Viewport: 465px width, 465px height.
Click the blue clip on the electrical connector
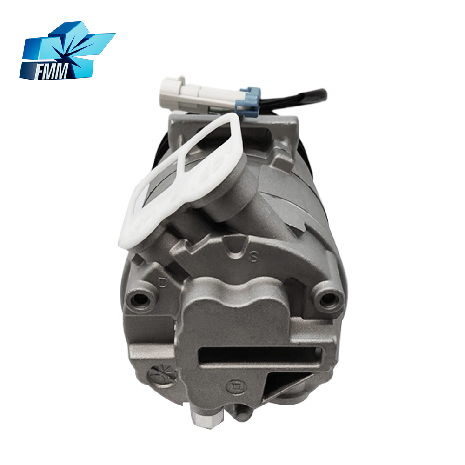(248, 99)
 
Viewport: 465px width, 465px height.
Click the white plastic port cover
(184, 178)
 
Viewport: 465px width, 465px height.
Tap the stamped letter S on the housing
(253, 257)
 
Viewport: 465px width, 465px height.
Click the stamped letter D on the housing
(162, 282)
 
